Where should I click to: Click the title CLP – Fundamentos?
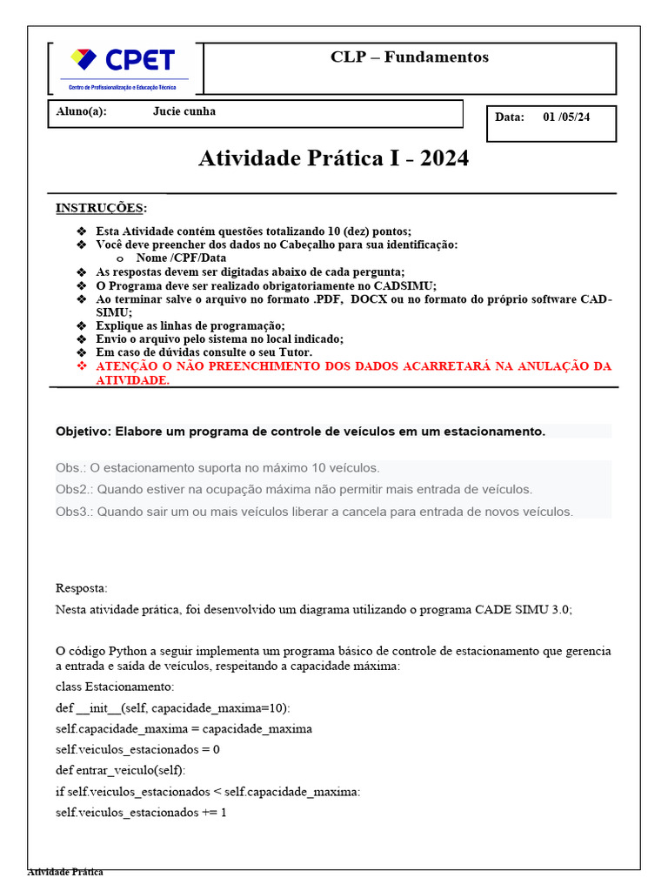[409, 57]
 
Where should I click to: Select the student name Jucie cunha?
[184, 111]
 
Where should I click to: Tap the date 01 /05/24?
[566, 117]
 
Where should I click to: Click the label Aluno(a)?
[81, 111]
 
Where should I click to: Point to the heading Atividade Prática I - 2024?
[333, 158]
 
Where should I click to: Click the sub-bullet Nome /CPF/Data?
[181, 258]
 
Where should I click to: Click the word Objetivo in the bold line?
[82, 432]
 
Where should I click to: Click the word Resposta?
[82, 588]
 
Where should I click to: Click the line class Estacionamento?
[115, 687]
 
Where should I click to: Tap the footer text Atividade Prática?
[65, 872]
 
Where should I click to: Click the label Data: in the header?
[510, 117]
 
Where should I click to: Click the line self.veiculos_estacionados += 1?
[141, 813]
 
